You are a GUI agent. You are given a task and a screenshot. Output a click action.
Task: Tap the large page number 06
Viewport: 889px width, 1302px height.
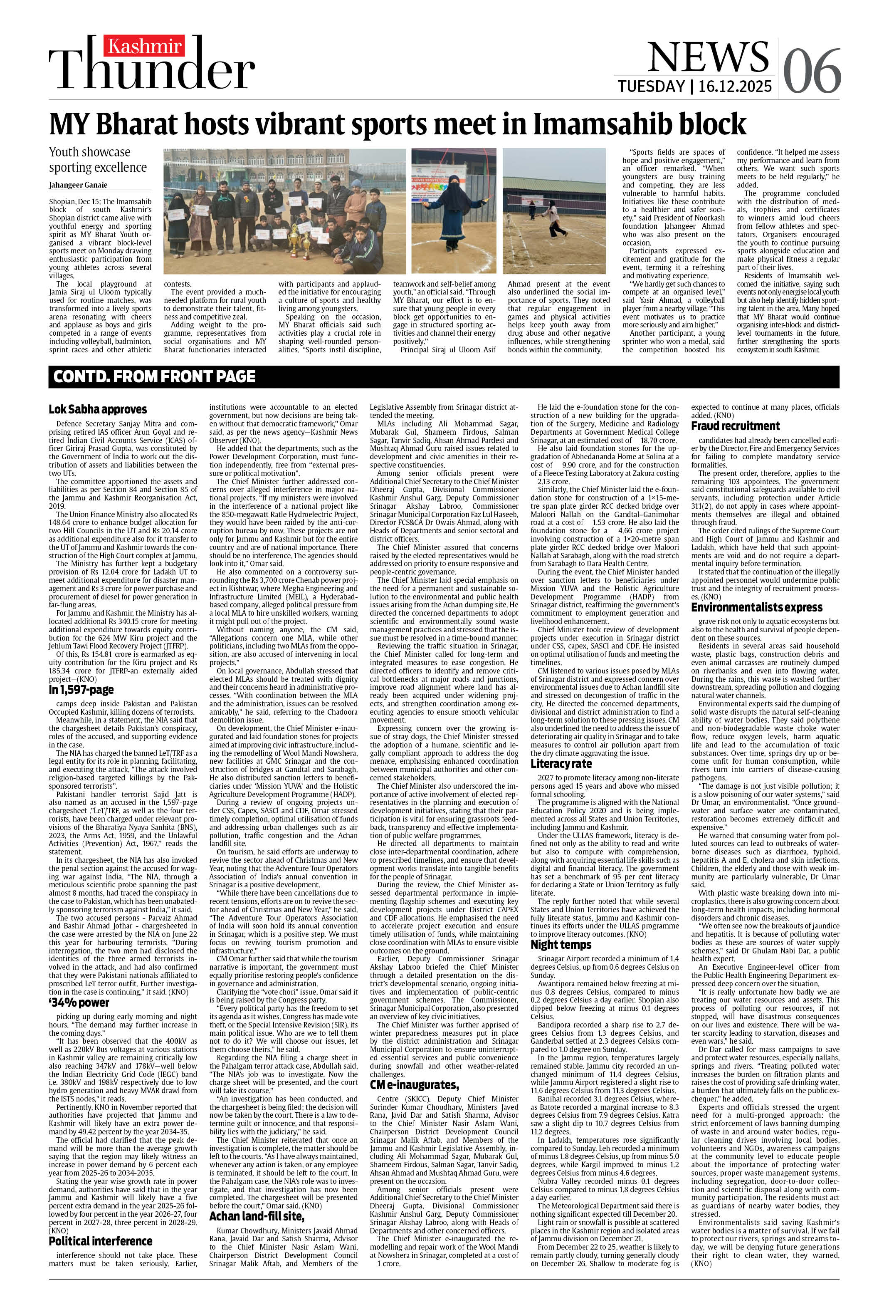pyautogui.click(x=811, y=72)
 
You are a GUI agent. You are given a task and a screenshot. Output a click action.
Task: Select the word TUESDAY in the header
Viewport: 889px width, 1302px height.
pyautogui.click(x=651, y=86)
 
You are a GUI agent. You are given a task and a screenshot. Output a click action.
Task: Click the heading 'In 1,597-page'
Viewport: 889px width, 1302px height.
pyautogui.click(x=81, y=690)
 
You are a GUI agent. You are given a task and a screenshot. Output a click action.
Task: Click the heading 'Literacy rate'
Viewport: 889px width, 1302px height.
pyautogui.click(x=561, y=764)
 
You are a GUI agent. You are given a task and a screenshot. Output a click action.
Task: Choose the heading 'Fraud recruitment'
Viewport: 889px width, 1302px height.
pyautogui.click(x=735, y=426)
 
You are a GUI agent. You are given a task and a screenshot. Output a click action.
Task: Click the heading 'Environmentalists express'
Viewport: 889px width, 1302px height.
pyautogui.click(x=756, y=608)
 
